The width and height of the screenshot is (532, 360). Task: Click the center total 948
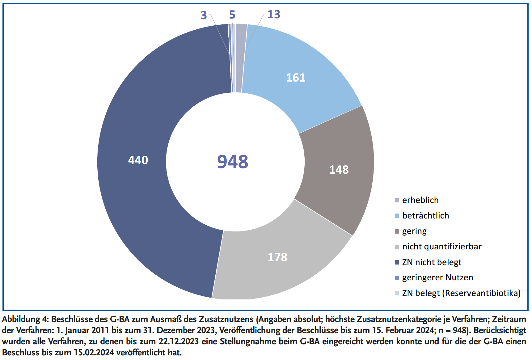coord(233,162)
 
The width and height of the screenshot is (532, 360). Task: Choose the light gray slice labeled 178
coord(277,257)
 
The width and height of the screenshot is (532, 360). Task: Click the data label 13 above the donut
coord(274,15)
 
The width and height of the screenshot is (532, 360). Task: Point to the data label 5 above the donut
coord(232,15)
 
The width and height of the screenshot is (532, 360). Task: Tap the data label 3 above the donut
coord(204,15)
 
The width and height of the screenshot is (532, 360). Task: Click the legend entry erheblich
coord(420,200)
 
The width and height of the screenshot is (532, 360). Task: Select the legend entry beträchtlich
coord(425,216)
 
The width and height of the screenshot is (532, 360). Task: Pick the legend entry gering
coord(414,231)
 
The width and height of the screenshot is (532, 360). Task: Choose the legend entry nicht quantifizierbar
coord(442,247)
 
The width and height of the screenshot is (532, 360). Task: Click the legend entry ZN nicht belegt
coord(432,262)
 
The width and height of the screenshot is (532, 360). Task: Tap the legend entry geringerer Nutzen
coord(437,277)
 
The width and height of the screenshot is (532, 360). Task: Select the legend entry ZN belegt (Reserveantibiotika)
coord(461,293)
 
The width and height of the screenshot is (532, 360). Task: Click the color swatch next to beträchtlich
coord(397,216)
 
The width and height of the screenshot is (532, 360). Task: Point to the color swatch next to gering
coord(397,231)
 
